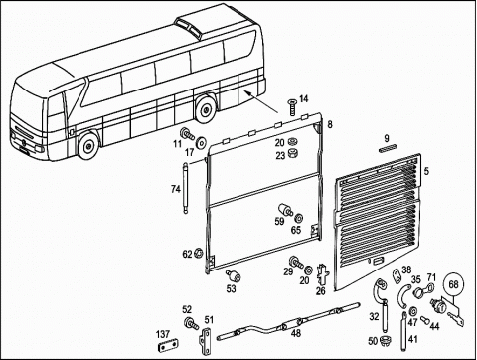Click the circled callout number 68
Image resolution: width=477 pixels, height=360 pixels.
[454, 284]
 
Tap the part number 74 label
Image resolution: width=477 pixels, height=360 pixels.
[176, 189]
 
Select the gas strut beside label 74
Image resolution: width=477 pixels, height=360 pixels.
[185, 188]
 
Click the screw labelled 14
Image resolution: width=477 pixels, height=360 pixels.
[292, 106]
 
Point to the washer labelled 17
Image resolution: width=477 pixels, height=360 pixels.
[201, 142]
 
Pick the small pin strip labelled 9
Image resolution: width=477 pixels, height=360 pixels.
[389, 149]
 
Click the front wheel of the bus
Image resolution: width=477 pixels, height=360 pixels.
[88, 146]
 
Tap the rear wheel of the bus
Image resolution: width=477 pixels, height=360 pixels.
[206, 109]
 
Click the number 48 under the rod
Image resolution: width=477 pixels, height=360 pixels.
[295, 333]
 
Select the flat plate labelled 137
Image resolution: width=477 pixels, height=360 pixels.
[167, 348]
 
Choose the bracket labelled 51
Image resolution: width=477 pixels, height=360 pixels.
[206, 341]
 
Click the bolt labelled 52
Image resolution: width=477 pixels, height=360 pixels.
[191, 323]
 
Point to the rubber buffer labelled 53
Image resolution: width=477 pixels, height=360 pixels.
[234, 275]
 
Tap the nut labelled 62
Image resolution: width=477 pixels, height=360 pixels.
[199, 254]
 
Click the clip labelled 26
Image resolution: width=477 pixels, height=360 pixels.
[323, 274]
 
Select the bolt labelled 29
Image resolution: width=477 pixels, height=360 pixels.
[296, 262]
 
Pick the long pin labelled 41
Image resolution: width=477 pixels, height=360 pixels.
[404, 331]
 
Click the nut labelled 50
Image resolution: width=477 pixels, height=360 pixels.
[385, 340]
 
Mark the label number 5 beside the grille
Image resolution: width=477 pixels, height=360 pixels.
[426, 171]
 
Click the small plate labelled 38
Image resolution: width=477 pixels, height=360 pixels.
[397, 275]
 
